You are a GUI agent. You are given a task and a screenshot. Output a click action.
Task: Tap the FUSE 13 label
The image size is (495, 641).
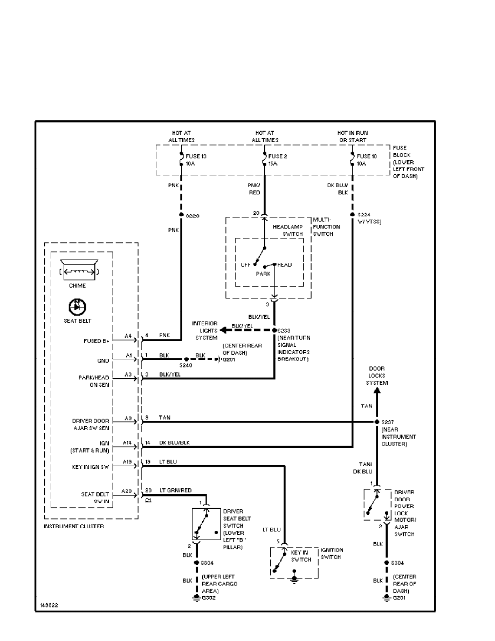tap(196, 156)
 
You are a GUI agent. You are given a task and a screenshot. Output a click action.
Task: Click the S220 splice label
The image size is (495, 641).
tap(193, 216)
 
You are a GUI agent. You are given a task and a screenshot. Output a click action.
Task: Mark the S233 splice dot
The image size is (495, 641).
tap(274, 330)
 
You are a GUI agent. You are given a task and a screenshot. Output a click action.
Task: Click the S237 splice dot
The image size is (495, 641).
tap(376, 421)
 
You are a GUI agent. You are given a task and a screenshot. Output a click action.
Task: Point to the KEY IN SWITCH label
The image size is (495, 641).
tap(301, 556)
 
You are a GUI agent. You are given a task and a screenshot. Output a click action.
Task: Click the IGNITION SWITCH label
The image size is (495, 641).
tap(331, 554)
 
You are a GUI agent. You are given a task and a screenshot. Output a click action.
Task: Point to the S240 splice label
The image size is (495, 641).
tap(186, 366)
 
